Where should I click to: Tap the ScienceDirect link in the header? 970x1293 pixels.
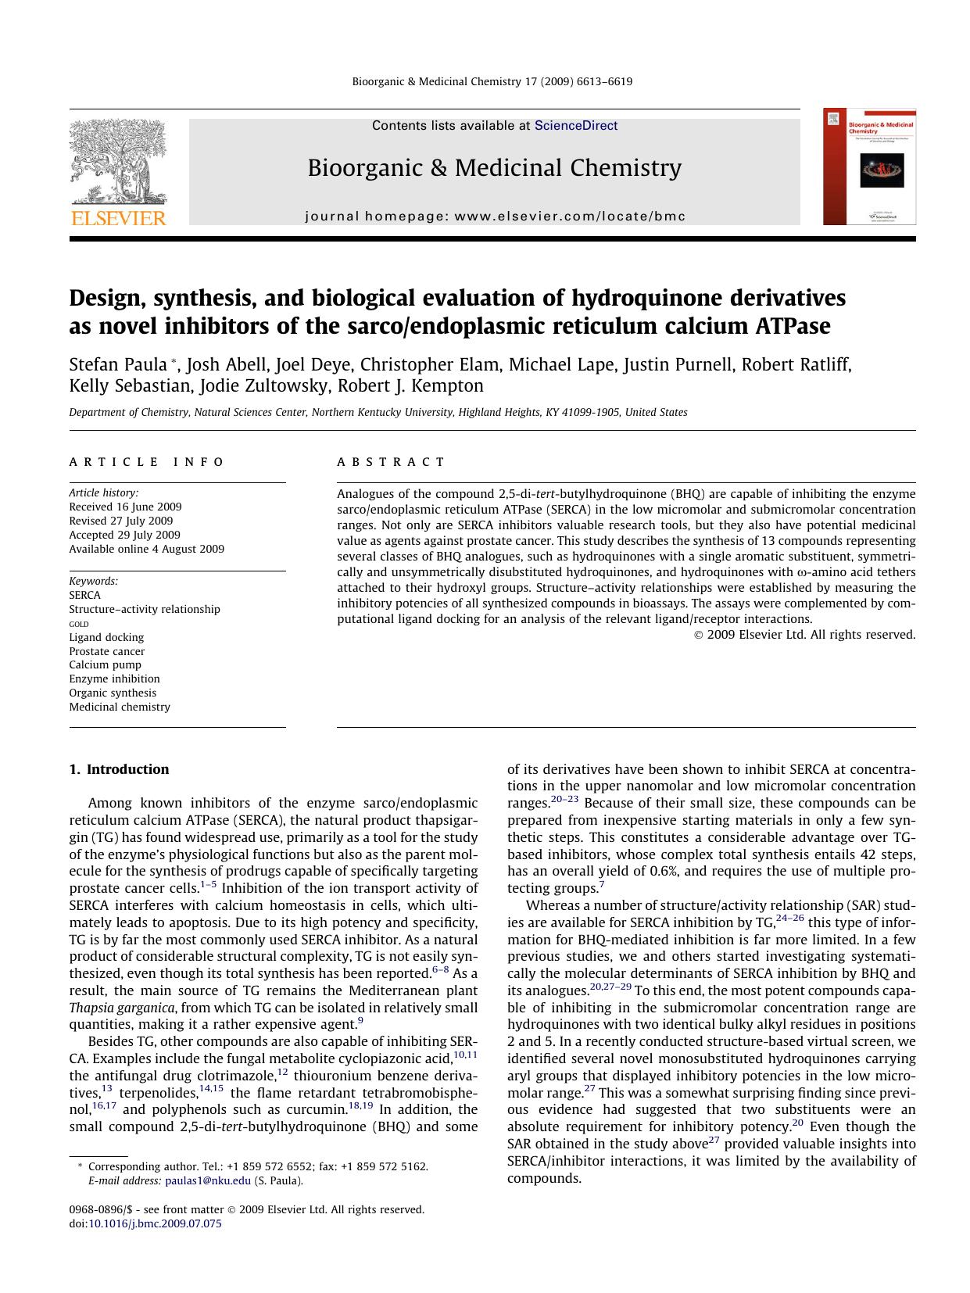coord(576,126)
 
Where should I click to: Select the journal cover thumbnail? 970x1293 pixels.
coord(869,167)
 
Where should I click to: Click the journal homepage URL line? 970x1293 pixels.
coord(495,217)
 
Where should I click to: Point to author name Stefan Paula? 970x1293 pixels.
coord(118,364)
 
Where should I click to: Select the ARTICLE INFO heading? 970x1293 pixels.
coord(146,462)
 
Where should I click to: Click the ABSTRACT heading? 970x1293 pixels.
coord(391,462)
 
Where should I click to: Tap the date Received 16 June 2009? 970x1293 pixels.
coord(125,507)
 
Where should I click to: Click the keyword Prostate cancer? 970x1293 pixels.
coord(107,651)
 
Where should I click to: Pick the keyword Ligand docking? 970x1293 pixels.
coord(106,637)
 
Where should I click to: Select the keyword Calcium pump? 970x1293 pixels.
coord(105,665)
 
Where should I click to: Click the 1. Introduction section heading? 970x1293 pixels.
coord(119,769)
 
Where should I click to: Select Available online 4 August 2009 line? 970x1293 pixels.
coord(146,549)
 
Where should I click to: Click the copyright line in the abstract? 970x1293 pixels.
coord(804,635)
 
